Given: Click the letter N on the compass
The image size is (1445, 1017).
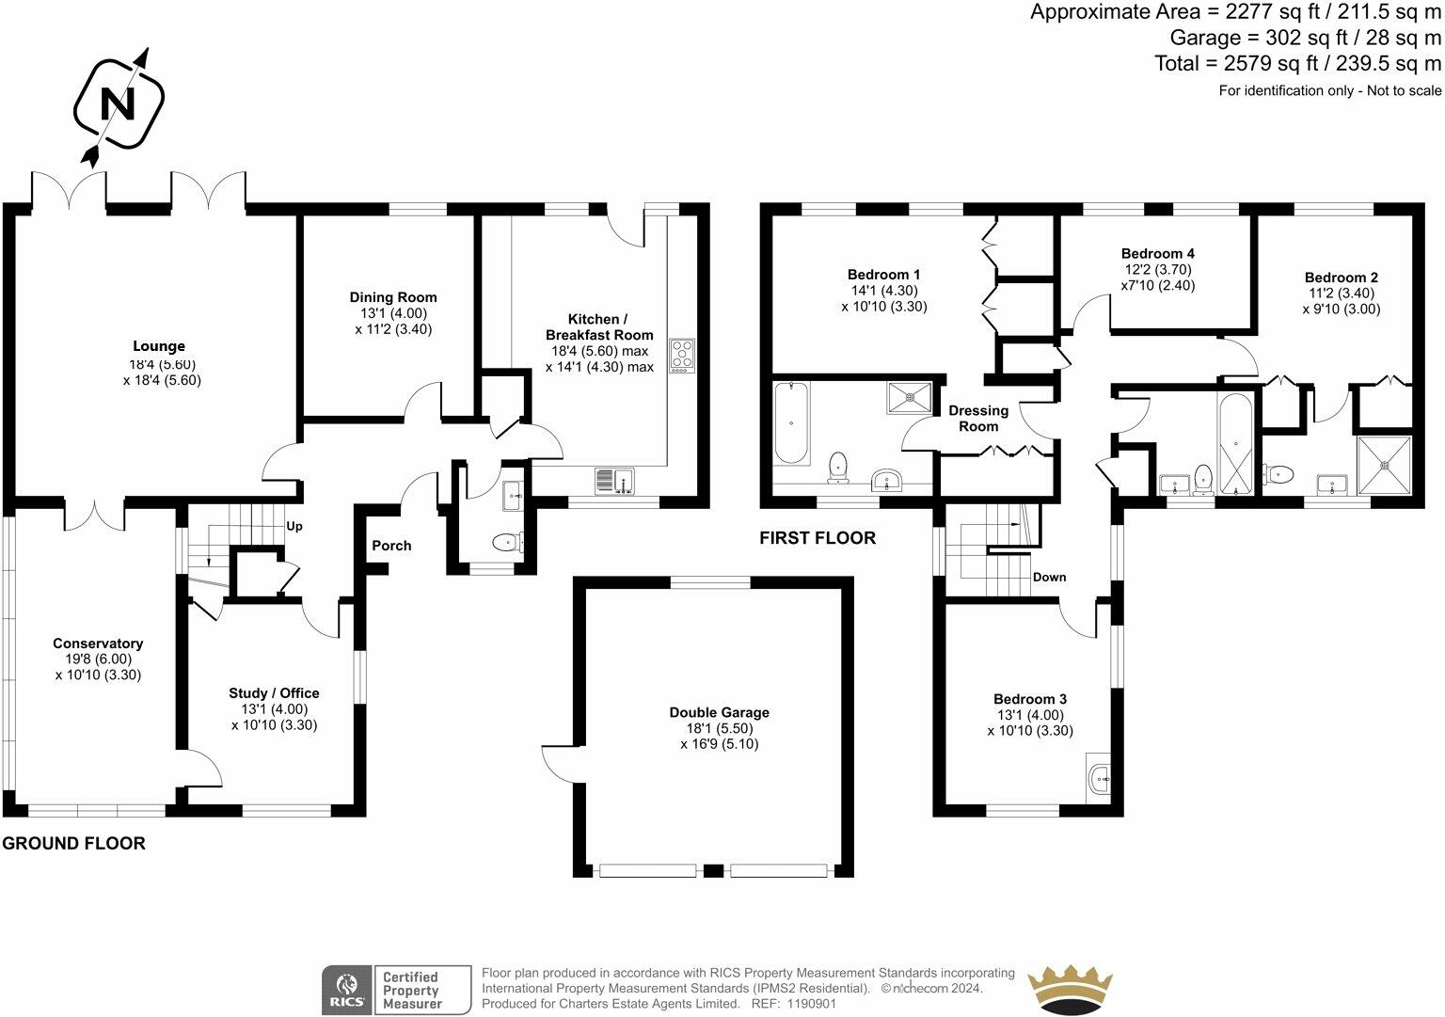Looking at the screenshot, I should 117,103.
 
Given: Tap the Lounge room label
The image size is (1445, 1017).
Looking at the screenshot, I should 158,346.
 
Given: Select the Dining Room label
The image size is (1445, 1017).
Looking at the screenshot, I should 393,297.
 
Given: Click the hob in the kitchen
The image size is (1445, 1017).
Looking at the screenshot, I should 681,355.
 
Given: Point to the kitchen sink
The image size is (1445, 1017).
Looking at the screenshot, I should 612,481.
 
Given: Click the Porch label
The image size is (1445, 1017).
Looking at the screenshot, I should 391,546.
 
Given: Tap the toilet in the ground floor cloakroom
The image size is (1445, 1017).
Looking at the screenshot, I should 506,542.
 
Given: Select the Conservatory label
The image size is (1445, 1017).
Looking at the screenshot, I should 98,644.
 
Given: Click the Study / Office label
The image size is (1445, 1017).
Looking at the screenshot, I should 274,693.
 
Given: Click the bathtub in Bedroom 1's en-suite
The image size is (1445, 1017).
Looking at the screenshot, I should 790,422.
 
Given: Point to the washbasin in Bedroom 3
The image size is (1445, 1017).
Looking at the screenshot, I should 1100,778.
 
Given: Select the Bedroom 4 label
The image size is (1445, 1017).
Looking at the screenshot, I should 1157,254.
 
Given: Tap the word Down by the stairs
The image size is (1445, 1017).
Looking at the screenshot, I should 1049,577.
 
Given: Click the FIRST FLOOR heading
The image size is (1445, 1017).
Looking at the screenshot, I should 818,538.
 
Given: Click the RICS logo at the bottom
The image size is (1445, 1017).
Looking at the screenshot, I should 346,991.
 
